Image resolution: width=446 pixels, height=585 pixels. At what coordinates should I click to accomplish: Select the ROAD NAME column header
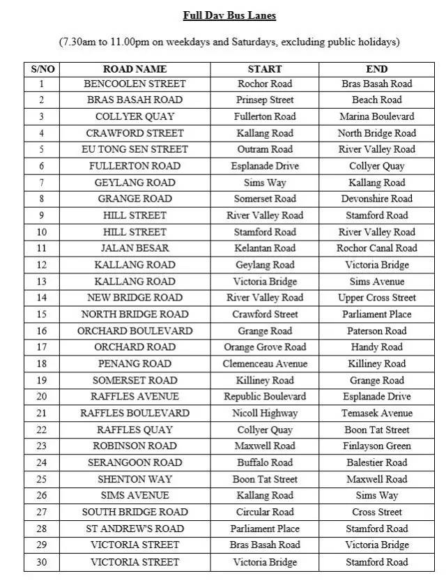134,69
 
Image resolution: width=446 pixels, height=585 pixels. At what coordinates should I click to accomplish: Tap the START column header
265,69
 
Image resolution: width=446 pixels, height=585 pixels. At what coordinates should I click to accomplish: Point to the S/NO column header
43,69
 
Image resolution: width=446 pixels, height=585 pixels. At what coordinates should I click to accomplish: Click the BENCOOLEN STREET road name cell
134,84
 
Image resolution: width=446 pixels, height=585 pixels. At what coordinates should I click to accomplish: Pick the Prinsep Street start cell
265,100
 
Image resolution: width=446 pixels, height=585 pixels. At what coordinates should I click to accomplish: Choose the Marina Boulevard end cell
376,116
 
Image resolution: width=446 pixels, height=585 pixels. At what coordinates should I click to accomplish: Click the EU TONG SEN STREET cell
134,149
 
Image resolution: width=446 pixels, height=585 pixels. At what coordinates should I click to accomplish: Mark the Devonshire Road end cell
376,199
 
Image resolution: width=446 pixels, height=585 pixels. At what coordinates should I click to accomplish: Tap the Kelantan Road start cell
265,248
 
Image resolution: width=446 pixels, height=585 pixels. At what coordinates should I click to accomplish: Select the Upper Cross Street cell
376,298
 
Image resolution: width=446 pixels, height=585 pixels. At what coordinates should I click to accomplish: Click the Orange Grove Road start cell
265,347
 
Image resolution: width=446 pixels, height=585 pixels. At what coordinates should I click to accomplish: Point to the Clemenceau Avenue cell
265,363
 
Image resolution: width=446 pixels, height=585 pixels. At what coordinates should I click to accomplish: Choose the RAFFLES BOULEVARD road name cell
134,413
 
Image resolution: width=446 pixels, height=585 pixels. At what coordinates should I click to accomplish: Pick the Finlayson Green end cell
376,446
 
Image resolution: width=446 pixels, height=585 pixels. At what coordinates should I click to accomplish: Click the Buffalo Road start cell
265,462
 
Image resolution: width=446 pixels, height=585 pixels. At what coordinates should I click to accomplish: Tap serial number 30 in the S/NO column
43,562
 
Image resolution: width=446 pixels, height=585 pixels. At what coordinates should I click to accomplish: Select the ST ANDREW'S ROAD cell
134,529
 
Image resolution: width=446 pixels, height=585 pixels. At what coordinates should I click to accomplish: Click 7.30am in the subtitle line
79,42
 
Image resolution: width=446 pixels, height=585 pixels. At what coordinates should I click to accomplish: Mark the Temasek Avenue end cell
376,413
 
